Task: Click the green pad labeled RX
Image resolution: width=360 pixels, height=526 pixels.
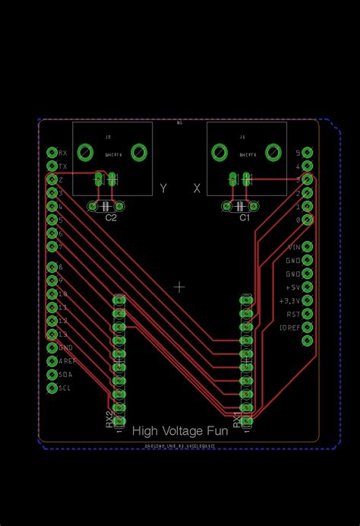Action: pyautogui.click(x=52, y=153)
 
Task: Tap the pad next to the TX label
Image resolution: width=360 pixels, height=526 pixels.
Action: pyautogui.click(x=52, y=166)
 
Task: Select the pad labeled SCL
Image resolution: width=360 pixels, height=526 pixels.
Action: pyautogui.click(x=52, y=388)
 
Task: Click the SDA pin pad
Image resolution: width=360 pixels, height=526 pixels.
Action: pyautogui.click(x=52, y=374)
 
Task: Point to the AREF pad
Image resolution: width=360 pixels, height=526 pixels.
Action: pyautogui.click(x=52, y=361)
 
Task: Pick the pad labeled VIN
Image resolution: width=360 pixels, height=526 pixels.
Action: pyautogui.click(x=307, y=247)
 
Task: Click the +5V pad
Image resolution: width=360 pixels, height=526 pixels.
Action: pyautogui.click(x=307, y=287)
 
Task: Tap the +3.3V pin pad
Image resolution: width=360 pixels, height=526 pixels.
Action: pyautogui.click(x=307, y=300)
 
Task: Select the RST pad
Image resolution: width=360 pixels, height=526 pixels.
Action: pyautogui.click(x=307, y=313)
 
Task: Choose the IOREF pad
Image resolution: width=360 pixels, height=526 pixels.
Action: pyautogui.click(x=307, y=327)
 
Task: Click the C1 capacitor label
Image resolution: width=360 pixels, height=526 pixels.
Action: pyautogui.click(x=245, y=218)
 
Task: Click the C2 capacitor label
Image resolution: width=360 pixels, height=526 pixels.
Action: pyautogui.click(x=111, y=218)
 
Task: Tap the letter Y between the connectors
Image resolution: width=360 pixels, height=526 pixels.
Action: pyautogui.click(x=163, y=189)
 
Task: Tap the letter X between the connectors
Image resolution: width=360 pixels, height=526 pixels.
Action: pyautogui.click(x=197, y=189)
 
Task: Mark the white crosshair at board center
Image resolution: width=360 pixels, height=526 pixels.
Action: pyautogui.click(x=179, y=287)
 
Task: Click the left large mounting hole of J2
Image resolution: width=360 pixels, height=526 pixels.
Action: pyautogui.click(x=86, y=152)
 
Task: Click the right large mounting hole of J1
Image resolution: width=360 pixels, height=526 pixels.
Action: pyautogui.click(x=272, y=152)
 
